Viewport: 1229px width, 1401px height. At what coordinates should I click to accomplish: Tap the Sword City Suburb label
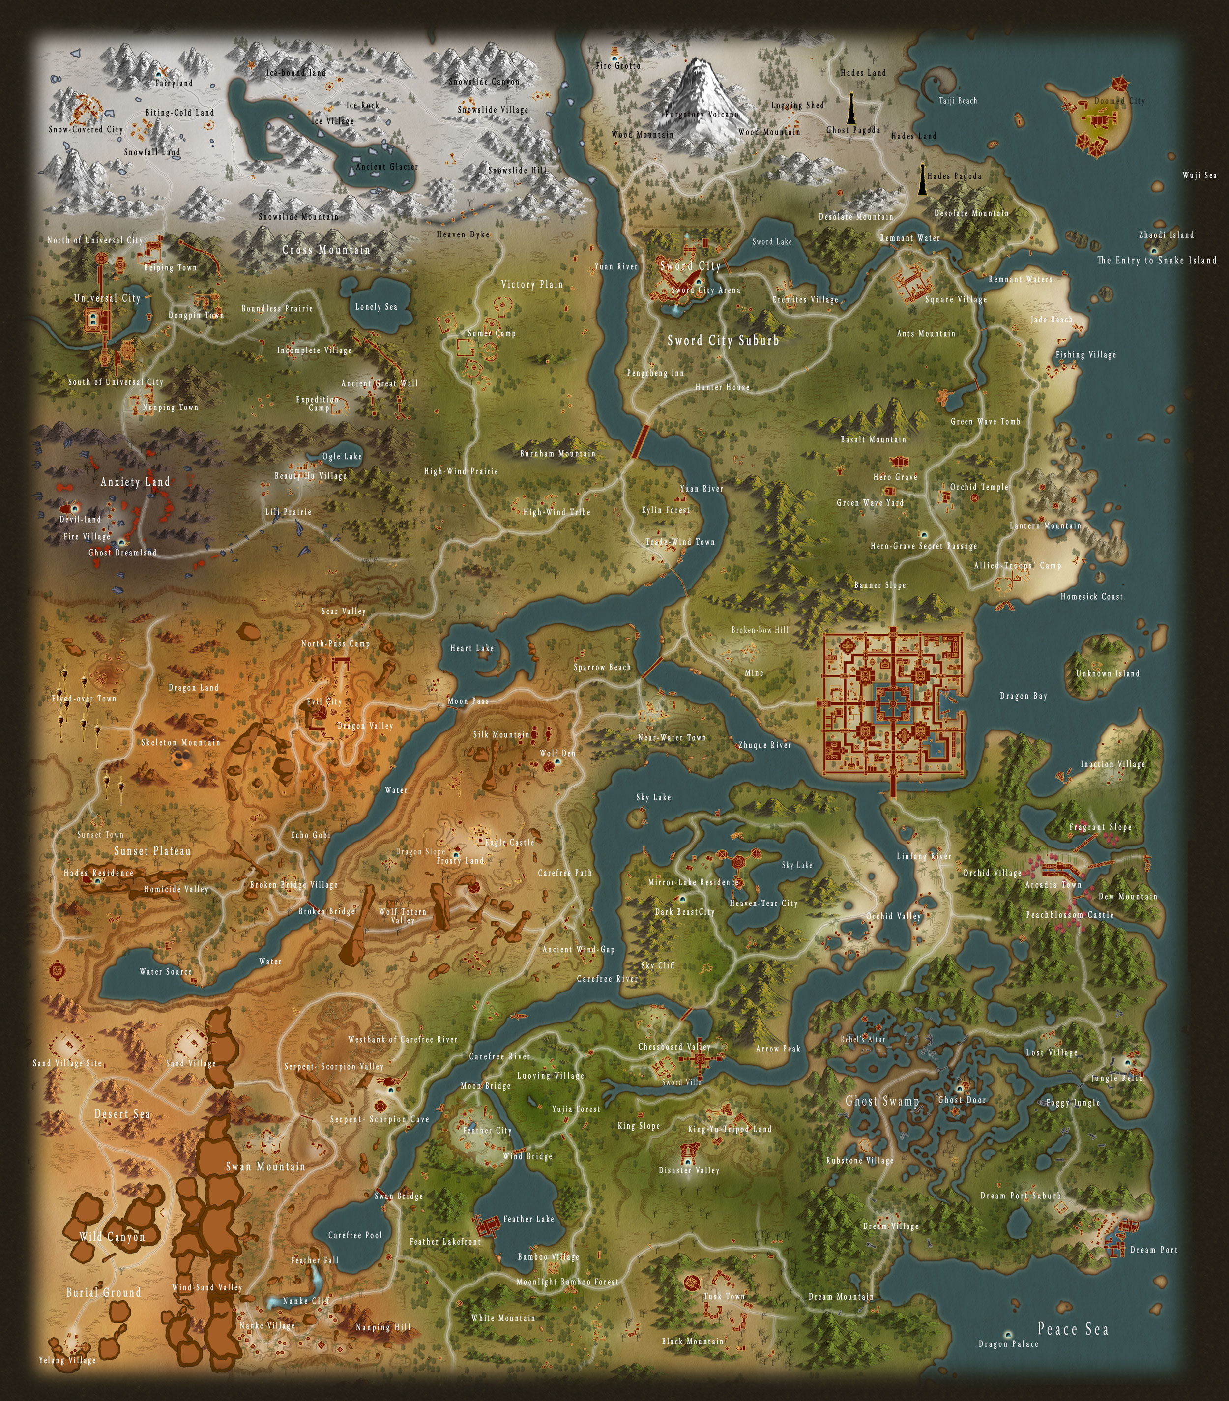[723, 340]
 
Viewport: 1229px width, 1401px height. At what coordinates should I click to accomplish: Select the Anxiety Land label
[135, 482]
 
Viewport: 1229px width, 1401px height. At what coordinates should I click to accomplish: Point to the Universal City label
[107, 298]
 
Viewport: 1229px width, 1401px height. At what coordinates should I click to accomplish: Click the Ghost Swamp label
[881, 1101]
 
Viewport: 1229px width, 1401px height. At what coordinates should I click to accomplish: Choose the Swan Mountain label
[265, 1166]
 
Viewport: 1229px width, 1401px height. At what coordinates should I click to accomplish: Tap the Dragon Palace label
[1008, 1343]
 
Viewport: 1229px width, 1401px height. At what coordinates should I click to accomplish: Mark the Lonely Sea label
[376, 306]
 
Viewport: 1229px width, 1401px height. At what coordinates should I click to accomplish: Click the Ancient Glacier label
[386, 167]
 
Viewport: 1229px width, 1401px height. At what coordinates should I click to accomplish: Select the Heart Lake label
[471, 648]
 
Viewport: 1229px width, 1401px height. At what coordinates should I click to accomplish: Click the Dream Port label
[1154, 1250]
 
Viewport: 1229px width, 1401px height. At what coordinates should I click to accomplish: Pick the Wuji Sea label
[1200, 175]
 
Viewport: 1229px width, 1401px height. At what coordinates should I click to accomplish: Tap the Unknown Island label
[1108, 673]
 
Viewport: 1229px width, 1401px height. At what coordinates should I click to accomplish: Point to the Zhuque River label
[764, 745]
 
